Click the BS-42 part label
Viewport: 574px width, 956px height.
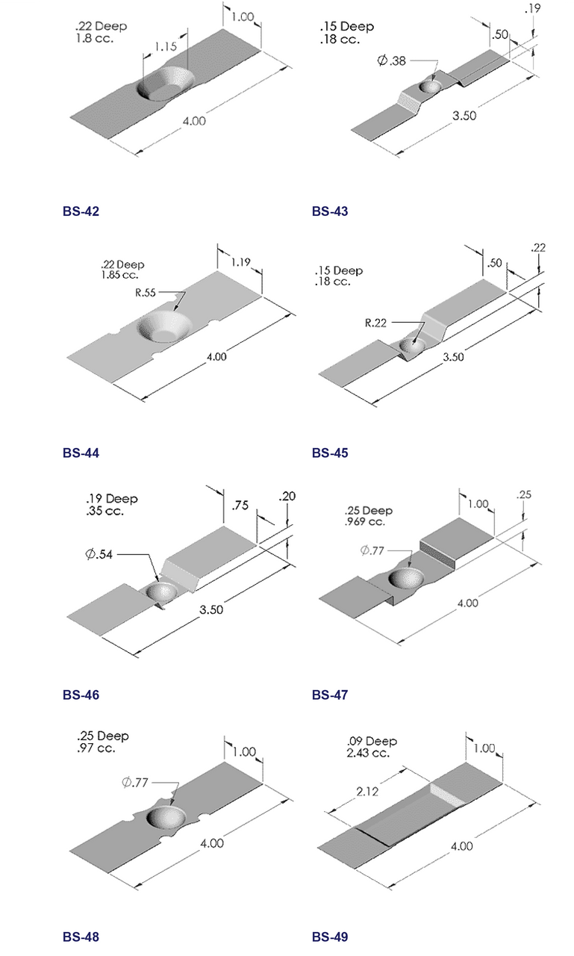(81, 211)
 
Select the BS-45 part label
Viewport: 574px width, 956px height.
(330, 453)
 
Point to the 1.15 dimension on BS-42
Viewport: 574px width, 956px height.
(165, 47)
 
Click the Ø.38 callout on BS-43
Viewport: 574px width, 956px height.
(392, 61)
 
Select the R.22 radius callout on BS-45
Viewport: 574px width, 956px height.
(376, 323)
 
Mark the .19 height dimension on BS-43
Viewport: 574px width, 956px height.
(532, 10)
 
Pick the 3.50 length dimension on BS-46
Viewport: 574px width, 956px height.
(210, 608)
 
